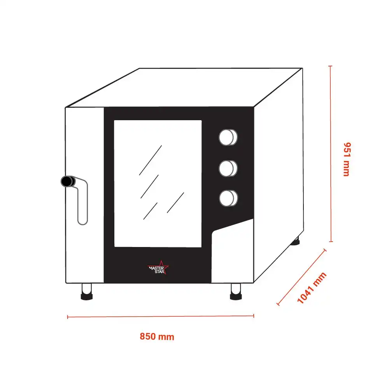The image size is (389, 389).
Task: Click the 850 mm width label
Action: [157, 336]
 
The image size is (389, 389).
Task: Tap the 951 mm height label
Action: [347, 159]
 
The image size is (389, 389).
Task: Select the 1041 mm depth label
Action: [312, 288]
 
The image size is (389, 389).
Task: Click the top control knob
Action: [228, 137]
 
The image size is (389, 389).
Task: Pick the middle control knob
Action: [228, 168]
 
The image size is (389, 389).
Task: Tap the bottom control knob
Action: [228, 198]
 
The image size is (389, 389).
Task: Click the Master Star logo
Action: [158, 268]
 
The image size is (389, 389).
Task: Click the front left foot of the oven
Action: [87, 292]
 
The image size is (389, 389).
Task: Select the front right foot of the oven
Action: [236, 292]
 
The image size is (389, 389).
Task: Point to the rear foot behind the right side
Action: [296, 241]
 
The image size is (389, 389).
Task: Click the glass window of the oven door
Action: [158, 184]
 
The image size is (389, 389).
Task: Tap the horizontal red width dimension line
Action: [161, 316]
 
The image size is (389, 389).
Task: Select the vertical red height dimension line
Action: [330, 154]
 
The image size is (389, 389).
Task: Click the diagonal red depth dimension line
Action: [301, 277]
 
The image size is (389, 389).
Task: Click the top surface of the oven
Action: [184, 87]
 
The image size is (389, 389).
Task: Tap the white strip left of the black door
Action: [84, 195]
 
